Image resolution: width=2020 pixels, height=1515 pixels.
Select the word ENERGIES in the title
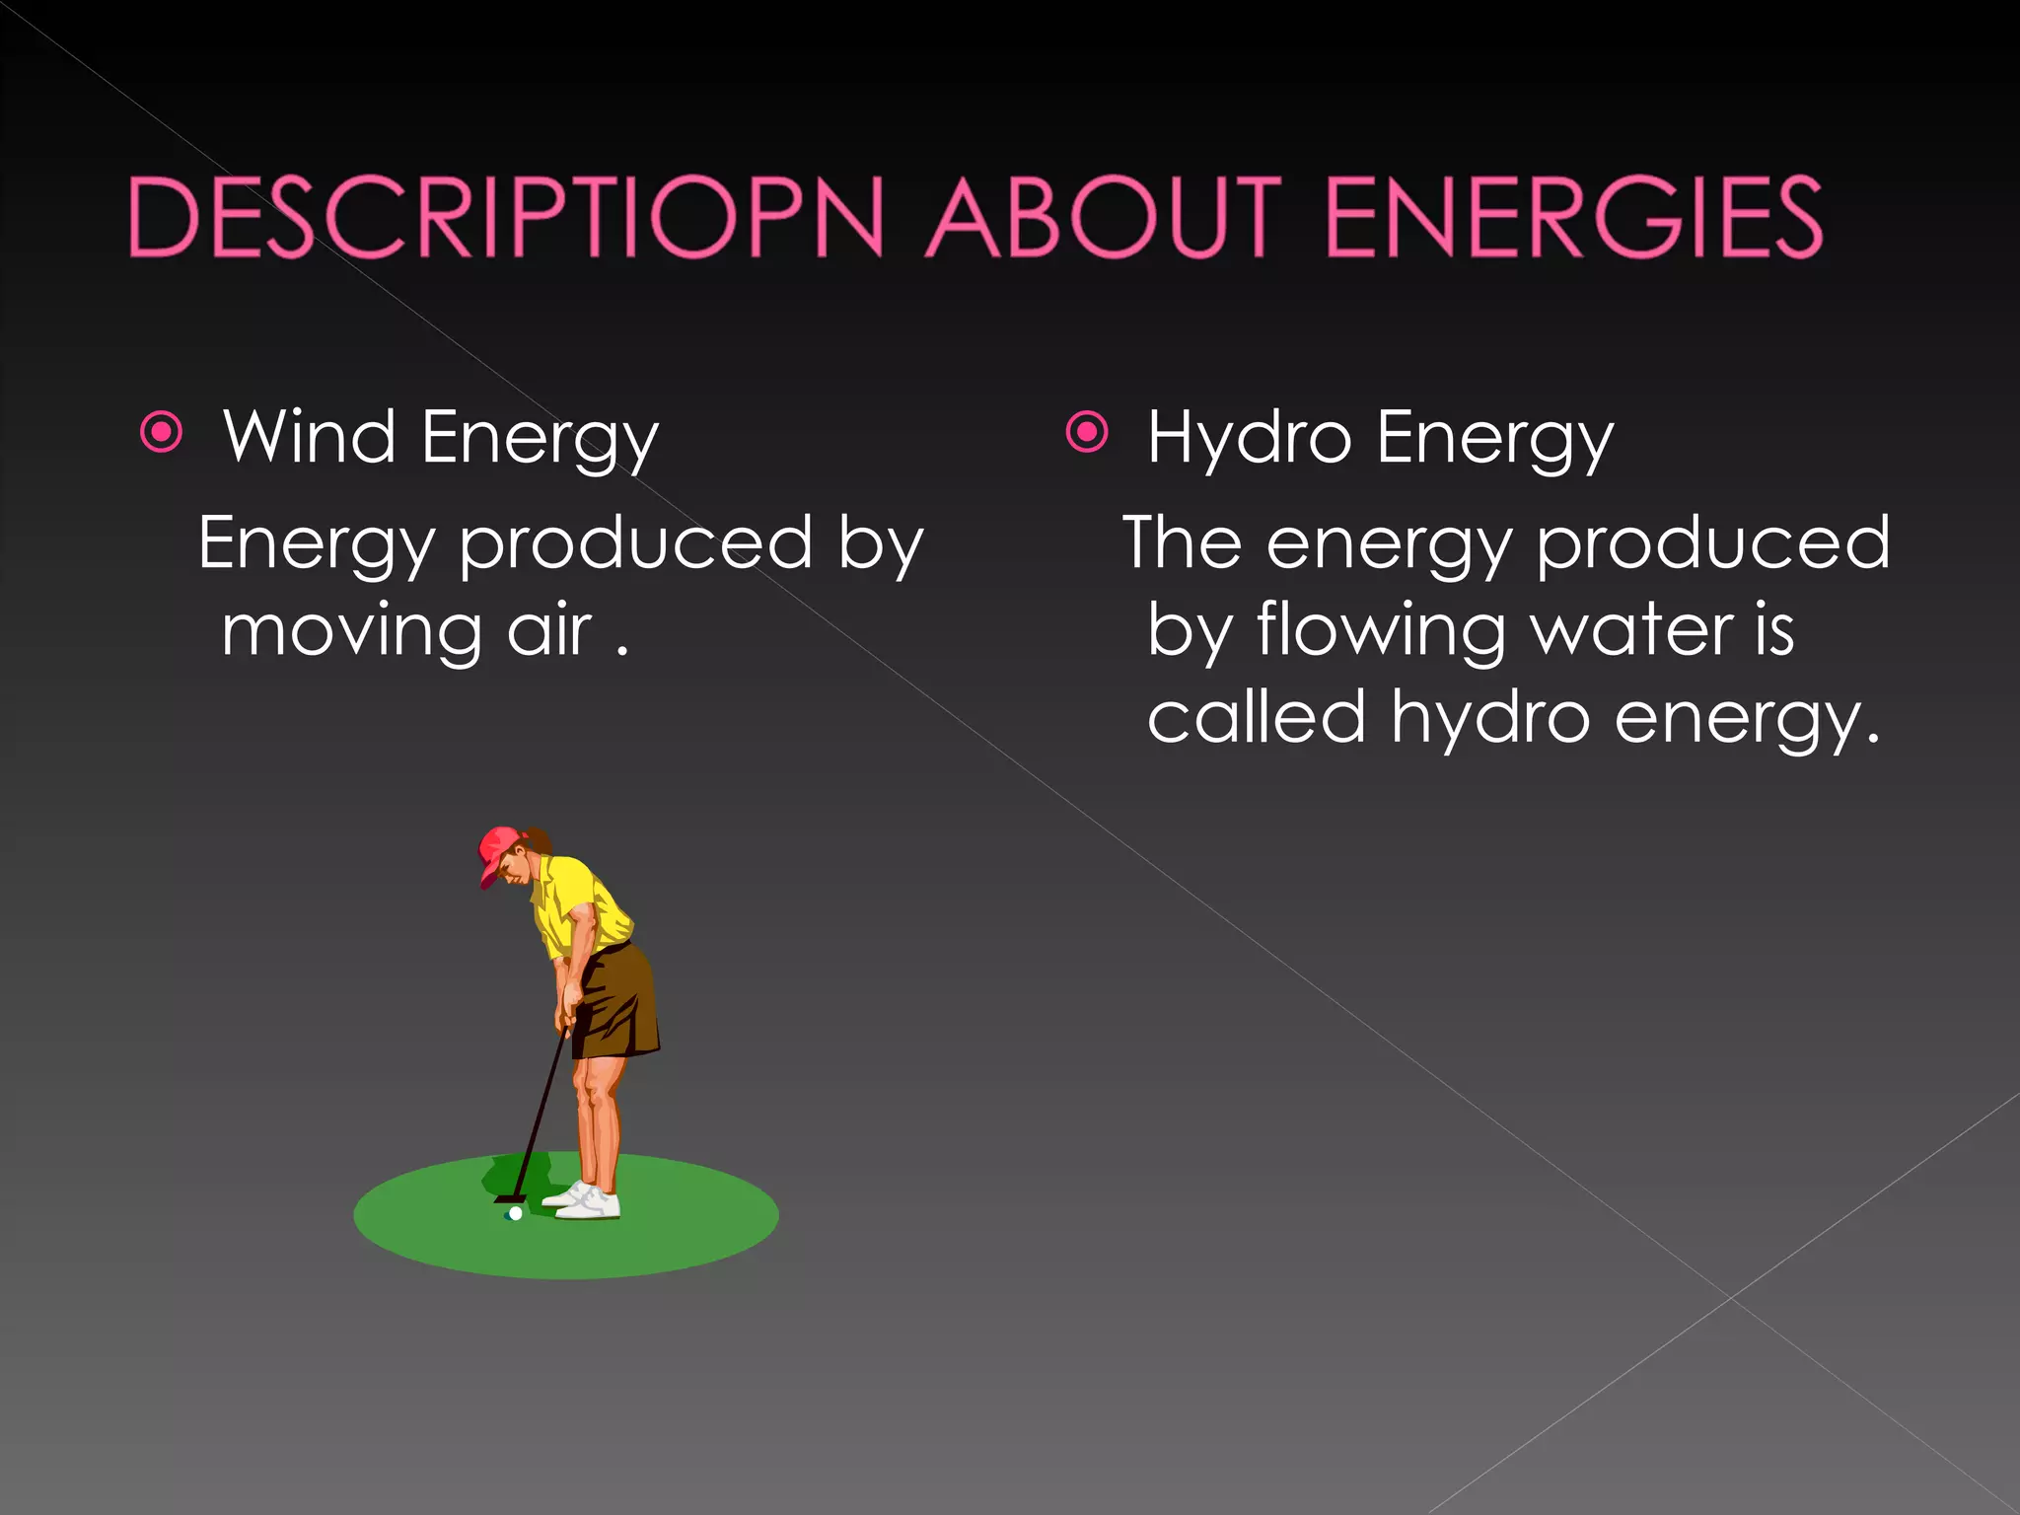point(1573,217)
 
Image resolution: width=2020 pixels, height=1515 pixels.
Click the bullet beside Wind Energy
point(162,432)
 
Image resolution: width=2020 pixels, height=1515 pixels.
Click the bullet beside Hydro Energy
point(1087,432)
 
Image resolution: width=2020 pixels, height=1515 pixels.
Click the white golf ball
point(515,1213)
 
